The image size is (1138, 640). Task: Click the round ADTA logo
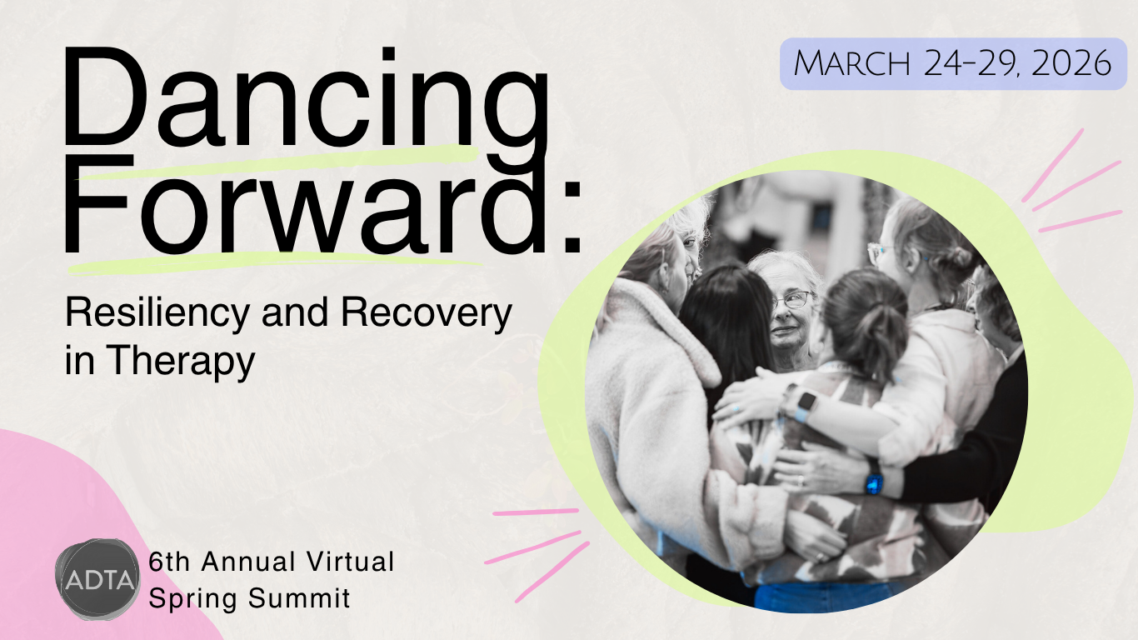97,579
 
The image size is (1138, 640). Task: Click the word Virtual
351,562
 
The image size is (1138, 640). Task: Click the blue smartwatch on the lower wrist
874,483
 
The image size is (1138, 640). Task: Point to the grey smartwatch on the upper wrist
804,406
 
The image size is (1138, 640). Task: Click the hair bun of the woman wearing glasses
958,257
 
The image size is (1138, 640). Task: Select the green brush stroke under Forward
274,263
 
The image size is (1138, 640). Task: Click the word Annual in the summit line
248,562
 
